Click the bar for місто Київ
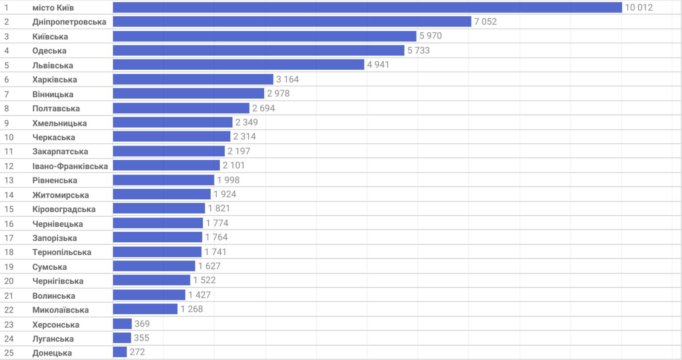point(368,8)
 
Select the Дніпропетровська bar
point(292,22)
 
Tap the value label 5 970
point(431,36)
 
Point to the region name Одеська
point(49,51)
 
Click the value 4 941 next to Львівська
point(378,64)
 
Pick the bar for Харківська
point(193,79)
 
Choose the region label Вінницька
point(53,95)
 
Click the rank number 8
point(6,109)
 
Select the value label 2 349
point(246,123)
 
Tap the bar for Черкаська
point(172,136)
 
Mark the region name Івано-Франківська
point(70,166)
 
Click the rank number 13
point(9,181)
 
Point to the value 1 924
point(225,194)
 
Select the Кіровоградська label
point(64,209)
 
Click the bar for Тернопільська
point(157,252)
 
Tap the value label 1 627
point(210,266)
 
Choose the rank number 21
point(9,296)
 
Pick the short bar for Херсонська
point(123,324)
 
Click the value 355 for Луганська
point(142,338)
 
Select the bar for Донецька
point(119,352)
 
